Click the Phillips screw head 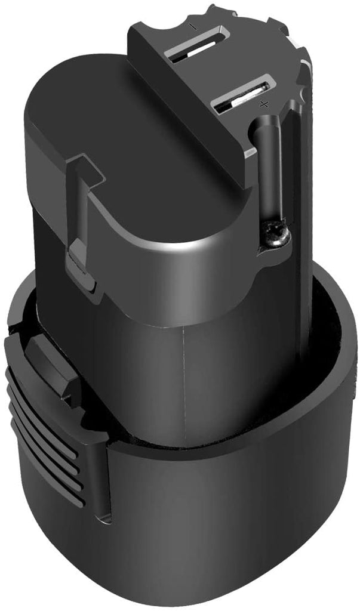coord(278,234)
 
